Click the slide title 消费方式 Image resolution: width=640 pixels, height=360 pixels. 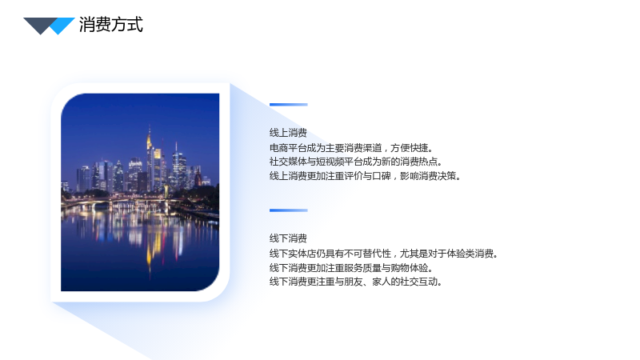tap(111, 25)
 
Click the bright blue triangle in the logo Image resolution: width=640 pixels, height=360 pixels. tap(61, 26)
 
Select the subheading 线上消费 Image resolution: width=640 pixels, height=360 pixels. tap(288, 133)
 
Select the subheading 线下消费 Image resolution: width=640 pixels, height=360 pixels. tap(288, 238)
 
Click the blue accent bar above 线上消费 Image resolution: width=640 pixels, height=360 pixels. tap(289, 105)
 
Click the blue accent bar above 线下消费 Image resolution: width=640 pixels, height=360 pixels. tap(289, 210)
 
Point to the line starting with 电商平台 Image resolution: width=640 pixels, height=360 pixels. tap(351, 147)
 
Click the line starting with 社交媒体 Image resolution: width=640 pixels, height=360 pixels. tap(355, 162)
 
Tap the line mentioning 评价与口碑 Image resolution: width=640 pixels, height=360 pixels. tap(365, 176)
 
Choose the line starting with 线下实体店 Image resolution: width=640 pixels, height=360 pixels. tap(384, 254)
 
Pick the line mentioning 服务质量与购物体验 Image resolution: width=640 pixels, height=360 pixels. tap(351, 268)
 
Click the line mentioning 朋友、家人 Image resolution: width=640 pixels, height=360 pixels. tap(355, 282)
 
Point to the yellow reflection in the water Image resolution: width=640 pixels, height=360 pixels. tap(150, 245)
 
